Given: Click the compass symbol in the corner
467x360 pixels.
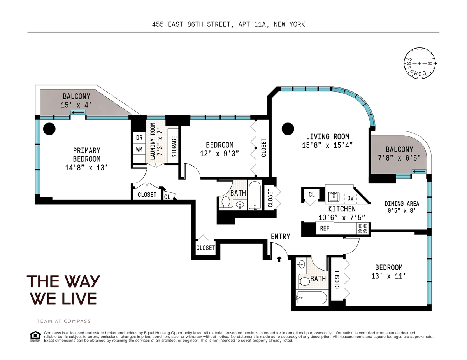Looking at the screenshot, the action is (420, 63).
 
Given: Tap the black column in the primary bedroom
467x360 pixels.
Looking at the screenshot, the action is (49, 129).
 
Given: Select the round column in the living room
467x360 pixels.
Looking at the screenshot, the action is (288, 129).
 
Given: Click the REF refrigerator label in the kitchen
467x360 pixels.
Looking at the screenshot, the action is (325, 228).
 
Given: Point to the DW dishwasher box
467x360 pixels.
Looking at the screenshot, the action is (350, 198).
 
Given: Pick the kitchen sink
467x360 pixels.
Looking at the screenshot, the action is (334, 197).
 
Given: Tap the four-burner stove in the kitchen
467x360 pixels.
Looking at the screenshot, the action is (363, 229).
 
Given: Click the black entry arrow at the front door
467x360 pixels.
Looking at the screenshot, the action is (279, 259).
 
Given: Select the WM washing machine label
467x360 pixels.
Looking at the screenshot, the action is (139, 149).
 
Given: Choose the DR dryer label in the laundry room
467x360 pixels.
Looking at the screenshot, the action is (139, 138).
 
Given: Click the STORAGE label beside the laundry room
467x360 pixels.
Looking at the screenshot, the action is (174, 147).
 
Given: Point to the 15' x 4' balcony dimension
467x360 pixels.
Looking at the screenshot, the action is (76, 105).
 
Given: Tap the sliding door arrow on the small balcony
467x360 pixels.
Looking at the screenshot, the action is (419, 172).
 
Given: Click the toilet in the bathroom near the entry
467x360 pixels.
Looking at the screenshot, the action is (304, 281).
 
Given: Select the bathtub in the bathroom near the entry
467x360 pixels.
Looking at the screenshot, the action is (311, 297).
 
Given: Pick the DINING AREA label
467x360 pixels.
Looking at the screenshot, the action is (402, 203).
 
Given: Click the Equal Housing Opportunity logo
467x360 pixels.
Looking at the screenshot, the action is (35, 337).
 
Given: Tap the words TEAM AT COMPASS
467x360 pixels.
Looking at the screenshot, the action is (63, 321).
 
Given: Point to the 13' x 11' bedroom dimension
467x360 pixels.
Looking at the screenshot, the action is (388, 276).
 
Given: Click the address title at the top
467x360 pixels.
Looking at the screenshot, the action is (228, 24).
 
